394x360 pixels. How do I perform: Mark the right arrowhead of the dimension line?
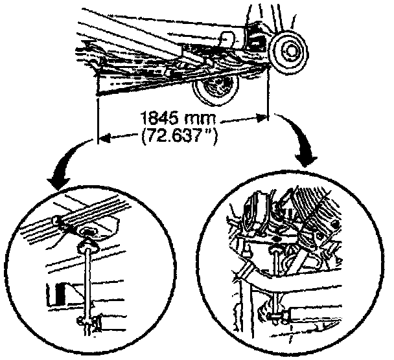tap(261, 118)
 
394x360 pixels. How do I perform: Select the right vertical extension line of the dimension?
tap(267, 97)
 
